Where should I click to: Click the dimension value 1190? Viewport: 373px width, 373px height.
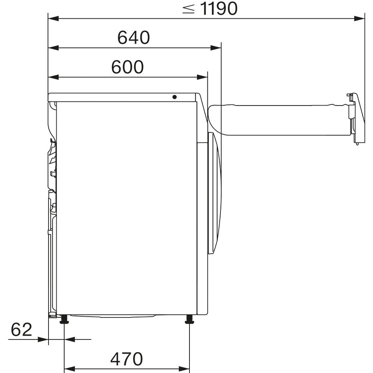click(x=219, y=9)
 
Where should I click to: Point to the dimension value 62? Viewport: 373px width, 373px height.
click(x=21, y=330)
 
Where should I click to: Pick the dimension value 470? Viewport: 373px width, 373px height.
click(x=127, y=359)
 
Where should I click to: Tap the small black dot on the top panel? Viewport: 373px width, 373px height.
click(x=175, y=97)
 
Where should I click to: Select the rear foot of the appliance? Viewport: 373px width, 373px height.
click(x=64, y=319)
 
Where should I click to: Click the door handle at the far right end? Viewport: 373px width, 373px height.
click(x=355, y=117)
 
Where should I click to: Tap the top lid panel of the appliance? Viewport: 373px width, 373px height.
click(x=123, y=97)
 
